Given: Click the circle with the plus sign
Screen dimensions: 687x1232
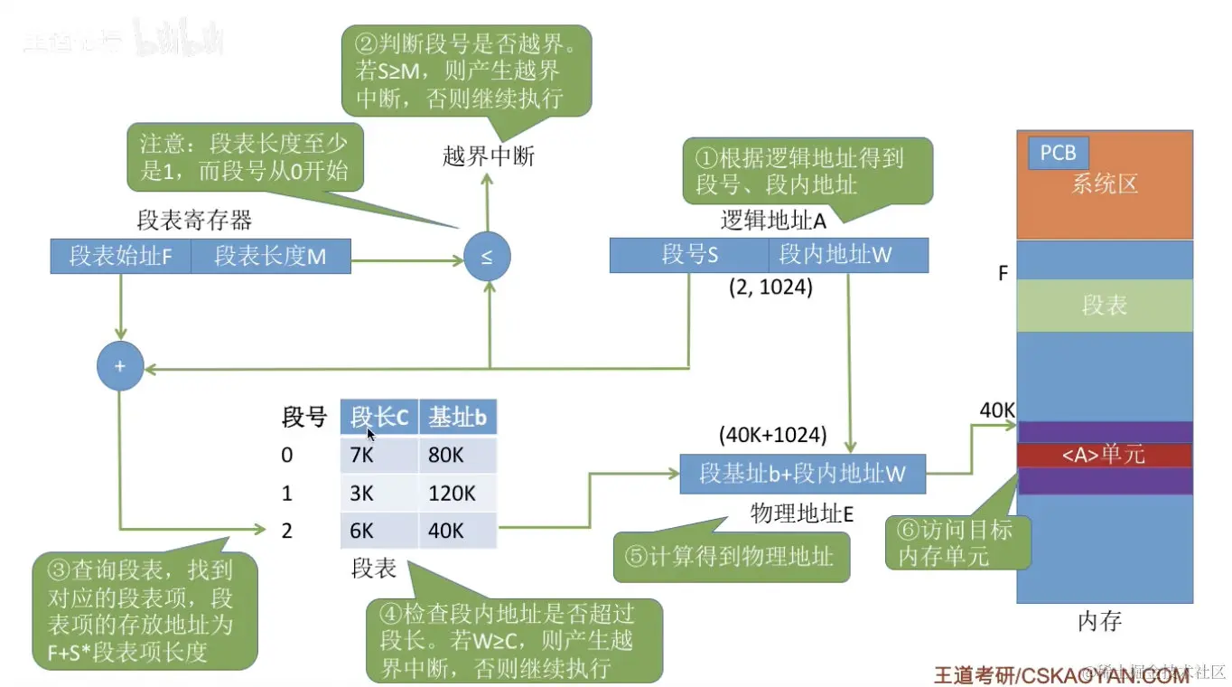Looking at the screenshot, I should pyautogui.click(x=120, y=366).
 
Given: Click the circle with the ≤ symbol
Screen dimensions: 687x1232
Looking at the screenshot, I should pyautogui.click(x=487, y=257).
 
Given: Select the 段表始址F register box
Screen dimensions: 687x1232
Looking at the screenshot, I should pyautogui.click(x=120, y=257).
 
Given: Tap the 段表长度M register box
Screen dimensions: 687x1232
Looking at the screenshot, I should pyautogui.click(x=270, y=257).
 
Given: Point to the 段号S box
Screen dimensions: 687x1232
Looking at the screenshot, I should pyautogui.click(x=689, y=255).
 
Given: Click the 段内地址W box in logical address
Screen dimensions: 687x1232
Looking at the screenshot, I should pyautogui.click(x=848, y=255).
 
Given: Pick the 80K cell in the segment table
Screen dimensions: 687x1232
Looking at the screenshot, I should pyautogui.click(x=457, y=455).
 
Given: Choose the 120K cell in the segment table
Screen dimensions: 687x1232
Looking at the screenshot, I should pyautogui.click(x=457, y=493).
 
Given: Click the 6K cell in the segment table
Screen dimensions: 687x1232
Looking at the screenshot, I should pyautogui.click(x=379, y=531).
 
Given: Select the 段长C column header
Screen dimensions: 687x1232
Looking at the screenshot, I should pyautogui.click(x=379, y=418).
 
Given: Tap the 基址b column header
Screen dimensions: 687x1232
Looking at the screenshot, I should pyautogui.click(x=457, y=418).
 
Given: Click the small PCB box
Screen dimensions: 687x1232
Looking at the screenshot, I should pyautogui.click(x=1058, y=153).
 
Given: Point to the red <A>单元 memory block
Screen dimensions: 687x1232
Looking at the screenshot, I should pyautogui.click(x=1104, y=454).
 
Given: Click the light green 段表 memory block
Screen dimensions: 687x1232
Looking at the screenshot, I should pyautogui.click(x=1104, y=306).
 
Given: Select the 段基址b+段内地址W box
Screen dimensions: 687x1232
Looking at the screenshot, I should pyautogui.click(x=802, y=473).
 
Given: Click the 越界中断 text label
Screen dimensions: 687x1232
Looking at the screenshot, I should pyautogui.click(x=489, y=156).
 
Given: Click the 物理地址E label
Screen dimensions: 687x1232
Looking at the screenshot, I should pyautogui.click(x=802, y=514).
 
